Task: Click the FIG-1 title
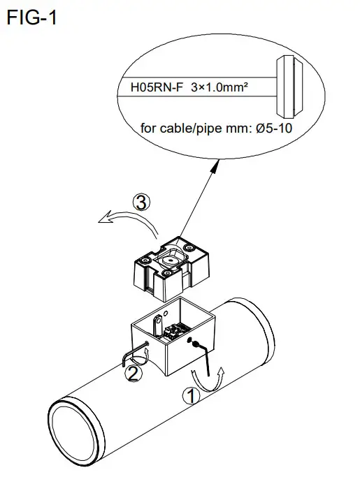pos(31,18)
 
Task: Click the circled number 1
pos(189,395)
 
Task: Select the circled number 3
pos(142,203)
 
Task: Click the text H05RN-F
pos(154,89)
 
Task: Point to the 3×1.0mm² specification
pos(221,89)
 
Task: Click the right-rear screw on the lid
pos(190,246)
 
